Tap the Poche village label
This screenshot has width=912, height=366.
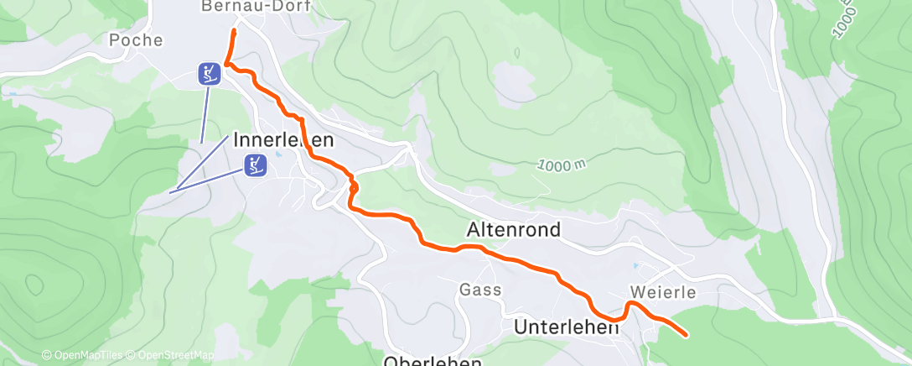[x=135, y=39]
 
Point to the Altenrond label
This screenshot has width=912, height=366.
[x=513, y=229]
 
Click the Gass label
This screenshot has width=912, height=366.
[x=480, y=290]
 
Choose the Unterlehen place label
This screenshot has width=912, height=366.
[x=566, y=327]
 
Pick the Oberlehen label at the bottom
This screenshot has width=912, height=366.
[x=433, y=360]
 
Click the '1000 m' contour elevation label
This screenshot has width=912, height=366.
[x=562, y=165]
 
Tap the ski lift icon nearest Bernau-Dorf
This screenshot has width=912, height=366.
[x=210, y=74]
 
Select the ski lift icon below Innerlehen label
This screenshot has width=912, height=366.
[x=256, y=165]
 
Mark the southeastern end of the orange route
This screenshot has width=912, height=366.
[x=687, y=335]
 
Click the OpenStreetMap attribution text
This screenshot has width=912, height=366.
[x=174, y=356]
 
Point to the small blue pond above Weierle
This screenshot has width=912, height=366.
[x=635, y=265]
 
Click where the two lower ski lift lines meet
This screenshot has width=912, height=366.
[x=171, y=192]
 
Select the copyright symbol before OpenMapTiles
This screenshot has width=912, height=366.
[x=46, y=356]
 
